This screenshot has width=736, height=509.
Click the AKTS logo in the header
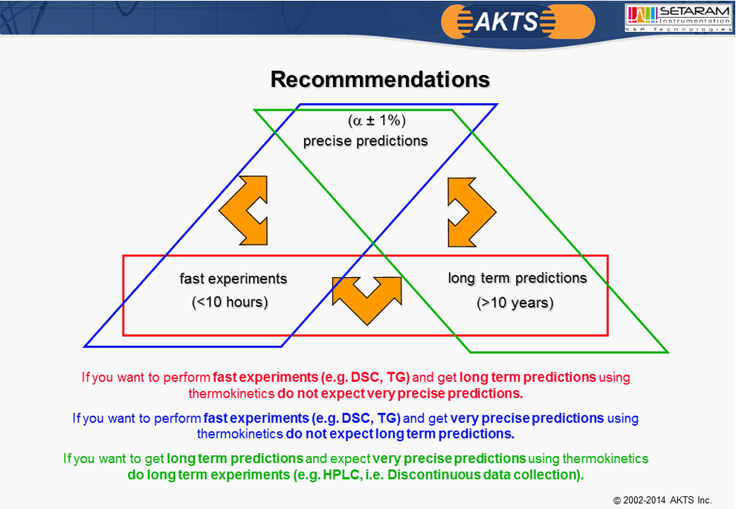pyautogui.click(x=517, y=22)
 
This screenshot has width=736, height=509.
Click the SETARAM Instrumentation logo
pyautogui.click(x=678, y=18)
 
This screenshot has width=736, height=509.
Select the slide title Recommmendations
pyautogui.click(x=380, y=80)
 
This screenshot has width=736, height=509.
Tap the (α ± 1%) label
pyautogui.click(x=376, y=120)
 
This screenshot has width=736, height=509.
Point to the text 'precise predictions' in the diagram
pyautogui.click(x=365, y=140)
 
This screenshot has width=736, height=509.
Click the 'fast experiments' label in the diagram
pyautogui.click(x=233, y=279)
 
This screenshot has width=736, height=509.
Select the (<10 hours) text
pyautogui.click(x=230, y=302)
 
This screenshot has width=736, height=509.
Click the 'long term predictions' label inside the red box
pyautogui.click(x=517, y=278)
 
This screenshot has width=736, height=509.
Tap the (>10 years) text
pyautogui.click(x=515, y=302)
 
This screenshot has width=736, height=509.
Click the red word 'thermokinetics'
pyautogui.click(x=231, y=394)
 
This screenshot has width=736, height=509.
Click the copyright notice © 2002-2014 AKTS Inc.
pyautogui.click(x=662, y=500)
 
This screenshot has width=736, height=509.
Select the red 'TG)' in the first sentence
pyautogui.click(x=398, y=377)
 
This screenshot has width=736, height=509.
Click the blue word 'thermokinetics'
pyautogui.click(x=240, y=434)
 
